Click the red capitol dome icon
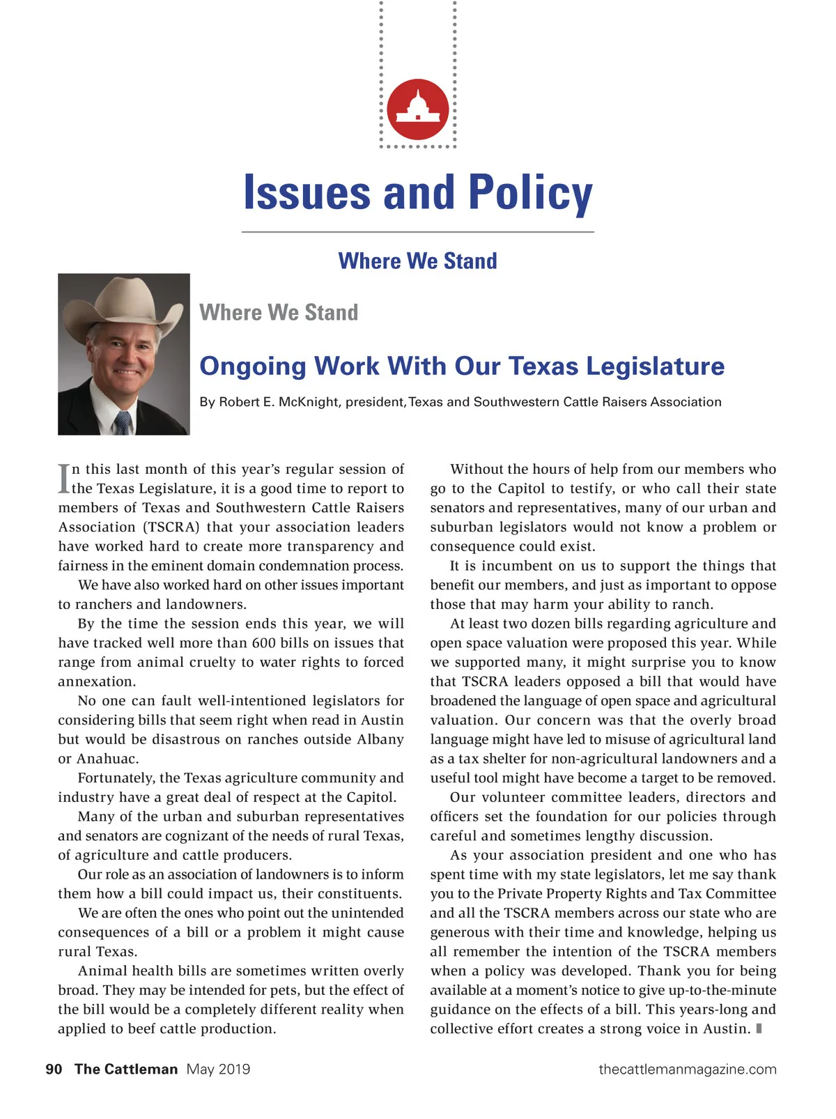click(x=418, y=109)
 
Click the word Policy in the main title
click(x=530, y=194)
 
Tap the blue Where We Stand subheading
click(x=417, y=261)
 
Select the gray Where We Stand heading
click(x=279, y=312)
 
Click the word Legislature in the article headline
click(x=651, y=366)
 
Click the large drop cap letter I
click(x=64, y=479)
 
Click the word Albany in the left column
click(x=380, y=739)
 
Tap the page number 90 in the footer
click(x=54, y=1070)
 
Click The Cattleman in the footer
click(x=126, y=1070)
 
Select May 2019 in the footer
click(x=218, y=1070)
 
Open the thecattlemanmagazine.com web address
click(x=687, y=1070)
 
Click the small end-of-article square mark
click(x=759, y=1028)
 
